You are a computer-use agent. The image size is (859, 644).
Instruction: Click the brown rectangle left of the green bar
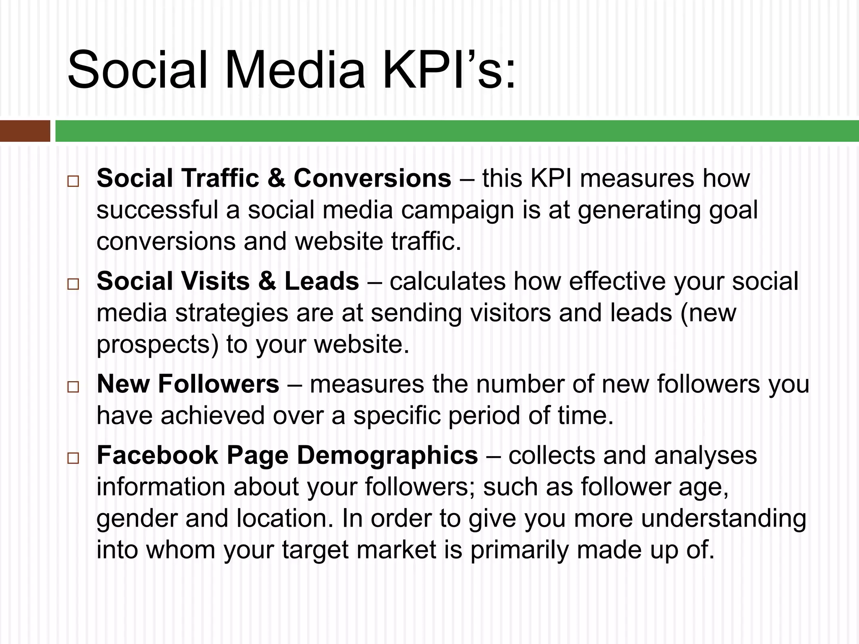pos(25,131)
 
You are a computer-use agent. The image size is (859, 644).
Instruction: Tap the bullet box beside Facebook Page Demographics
pos(73,458)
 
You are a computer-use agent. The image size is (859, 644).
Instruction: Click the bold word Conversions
pos(372,178)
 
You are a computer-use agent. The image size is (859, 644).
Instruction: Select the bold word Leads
pos(322,280)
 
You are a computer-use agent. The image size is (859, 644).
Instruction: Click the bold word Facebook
pos(157,454)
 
